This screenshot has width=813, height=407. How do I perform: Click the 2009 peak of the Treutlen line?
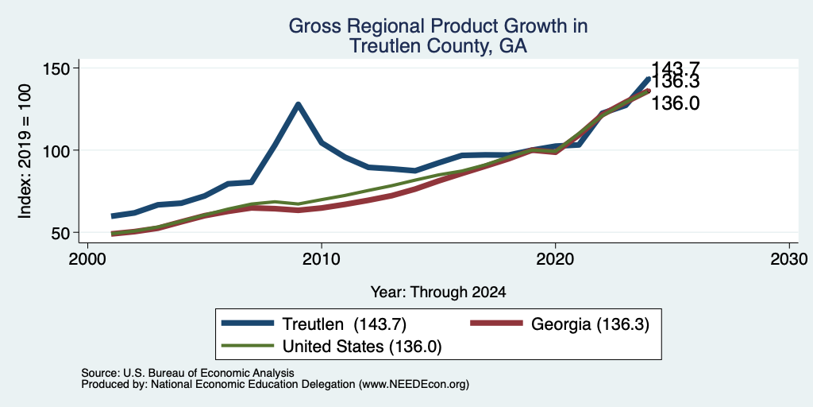[x=299, y=105]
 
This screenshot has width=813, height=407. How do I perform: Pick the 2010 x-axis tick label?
[x=322, y=259]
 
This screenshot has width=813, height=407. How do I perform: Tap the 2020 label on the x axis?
[x=555, y=259]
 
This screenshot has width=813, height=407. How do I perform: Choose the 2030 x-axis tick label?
[x=789, y=259]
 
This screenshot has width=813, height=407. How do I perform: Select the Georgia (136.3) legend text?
[x=590, y=324]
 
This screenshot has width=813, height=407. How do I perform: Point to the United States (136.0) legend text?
[x=362, y=347]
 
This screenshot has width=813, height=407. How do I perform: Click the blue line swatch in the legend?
[x=248, y=324]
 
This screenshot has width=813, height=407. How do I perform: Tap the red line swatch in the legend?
[x=496, y=324]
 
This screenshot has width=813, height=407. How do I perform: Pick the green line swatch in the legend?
[x=248, y=345]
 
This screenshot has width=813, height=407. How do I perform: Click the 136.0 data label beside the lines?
[x=675, y=104]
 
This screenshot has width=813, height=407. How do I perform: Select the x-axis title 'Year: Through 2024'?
[x=438, y=293]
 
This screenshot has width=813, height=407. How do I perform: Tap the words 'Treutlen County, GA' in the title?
[x=438, y=46]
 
